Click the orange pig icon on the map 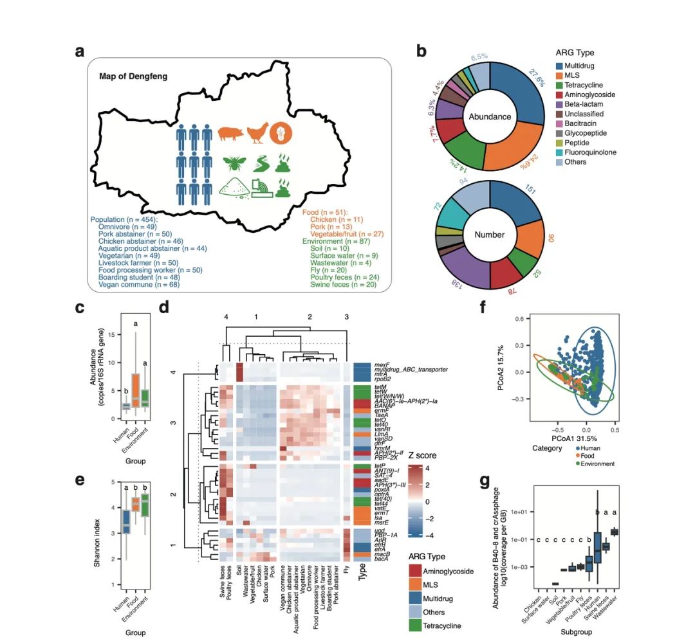[229, 133]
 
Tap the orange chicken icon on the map [256, 132]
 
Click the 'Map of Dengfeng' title [133, 76]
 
